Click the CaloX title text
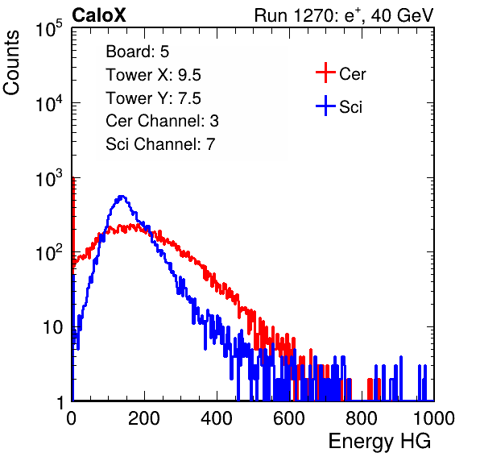[99, 15]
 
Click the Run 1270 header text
[344, 15]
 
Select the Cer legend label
[352, 74]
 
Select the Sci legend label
[350, 107]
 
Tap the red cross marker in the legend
[325, 73]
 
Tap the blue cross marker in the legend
[325, 106]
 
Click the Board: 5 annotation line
[137, 52]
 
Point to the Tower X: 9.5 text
[153, 75]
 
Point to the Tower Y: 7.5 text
[153, 98]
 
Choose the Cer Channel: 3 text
[162, 121]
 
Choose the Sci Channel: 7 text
[160, 144]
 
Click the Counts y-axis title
[11, 62]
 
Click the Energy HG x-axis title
[379, 442]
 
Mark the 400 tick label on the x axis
[217, 418]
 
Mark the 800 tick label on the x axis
[362, 418]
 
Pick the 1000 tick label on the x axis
[434, 418]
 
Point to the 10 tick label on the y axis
[52, 327]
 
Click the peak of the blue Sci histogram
[122, 196]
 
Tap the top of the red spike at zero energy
[73, 177]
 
